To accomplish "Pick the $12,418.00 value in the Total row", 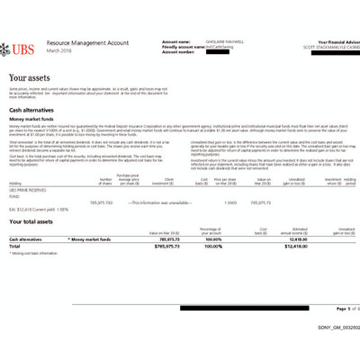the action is [308, 246].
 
